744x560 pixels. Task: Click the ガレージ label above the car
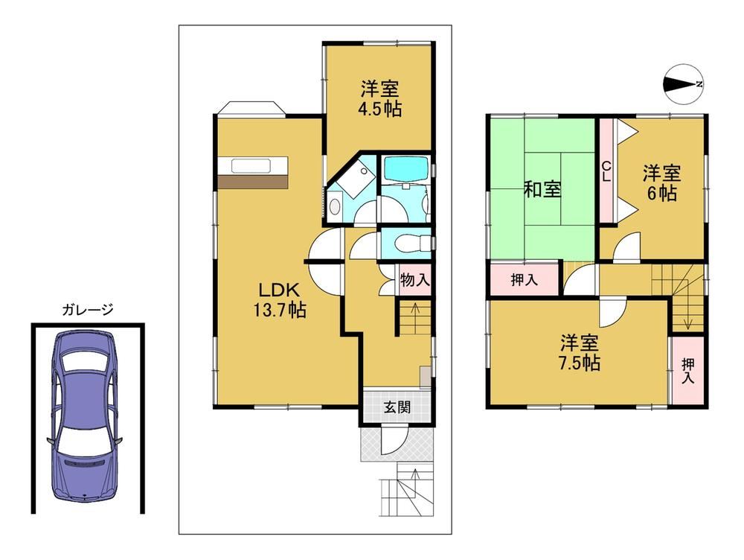click(x=88, y=311)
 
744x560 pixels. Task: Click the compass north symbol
click(x=682, y=85)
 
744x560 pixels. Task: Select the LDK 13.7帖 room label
click(x=279, y=299)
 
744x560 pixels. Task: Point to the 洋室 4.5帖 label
click(x=379, y=99)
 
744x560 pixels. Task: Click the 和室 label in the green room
click(x=543, y=189)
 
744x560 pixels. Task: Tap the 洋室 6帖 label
click(x=661, y=182)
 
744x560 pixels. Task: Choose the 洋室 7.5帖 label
click(x=579, y=352)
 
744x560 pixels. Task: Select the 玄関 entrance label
click(x=397, y=407)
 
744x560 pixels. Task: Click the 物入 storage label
click(x=414, y=280)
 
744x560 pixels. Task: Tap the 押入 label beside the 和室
click(x=525, y=280)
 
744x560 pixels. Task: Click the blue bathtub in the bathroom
click(x=406, y=169)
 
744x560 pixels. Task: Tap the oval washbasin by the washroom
click(x=335, y=206)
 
